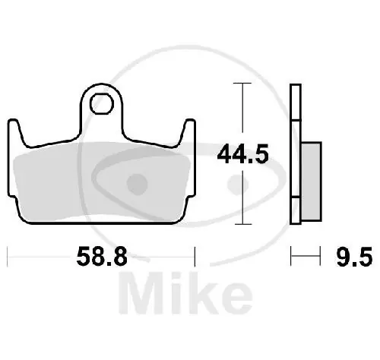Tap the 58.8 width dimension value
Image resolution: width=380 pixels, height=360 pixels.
coord(101,258)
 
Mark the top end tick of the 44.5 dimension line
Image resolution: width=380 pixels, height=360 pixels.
coord(241,84)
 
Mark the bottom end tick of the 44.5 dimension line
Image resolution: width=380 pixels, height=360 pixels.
coord(241,226)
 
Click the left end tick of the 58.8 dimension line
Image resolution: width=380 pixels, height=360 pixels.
coord(8,257)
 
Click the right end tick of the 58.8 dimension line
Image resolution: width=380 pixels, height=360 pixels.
coord(196,257)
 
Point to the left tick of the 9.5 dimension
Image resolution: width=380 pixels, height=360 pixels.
coord(291,257)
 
